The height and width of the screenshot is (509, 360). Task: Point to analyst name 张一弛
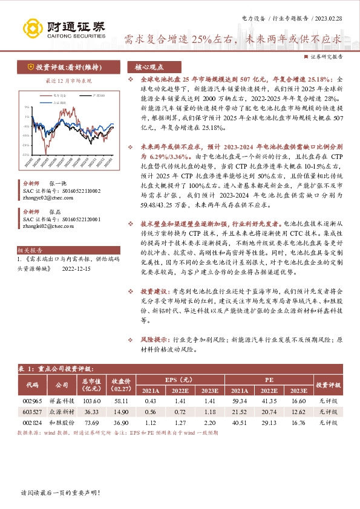click(57, 183)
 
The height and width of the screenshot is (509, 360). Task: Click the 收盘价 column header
click(122, 384)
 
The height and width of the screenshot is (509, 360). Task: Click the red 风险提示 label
click(153, 341)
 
